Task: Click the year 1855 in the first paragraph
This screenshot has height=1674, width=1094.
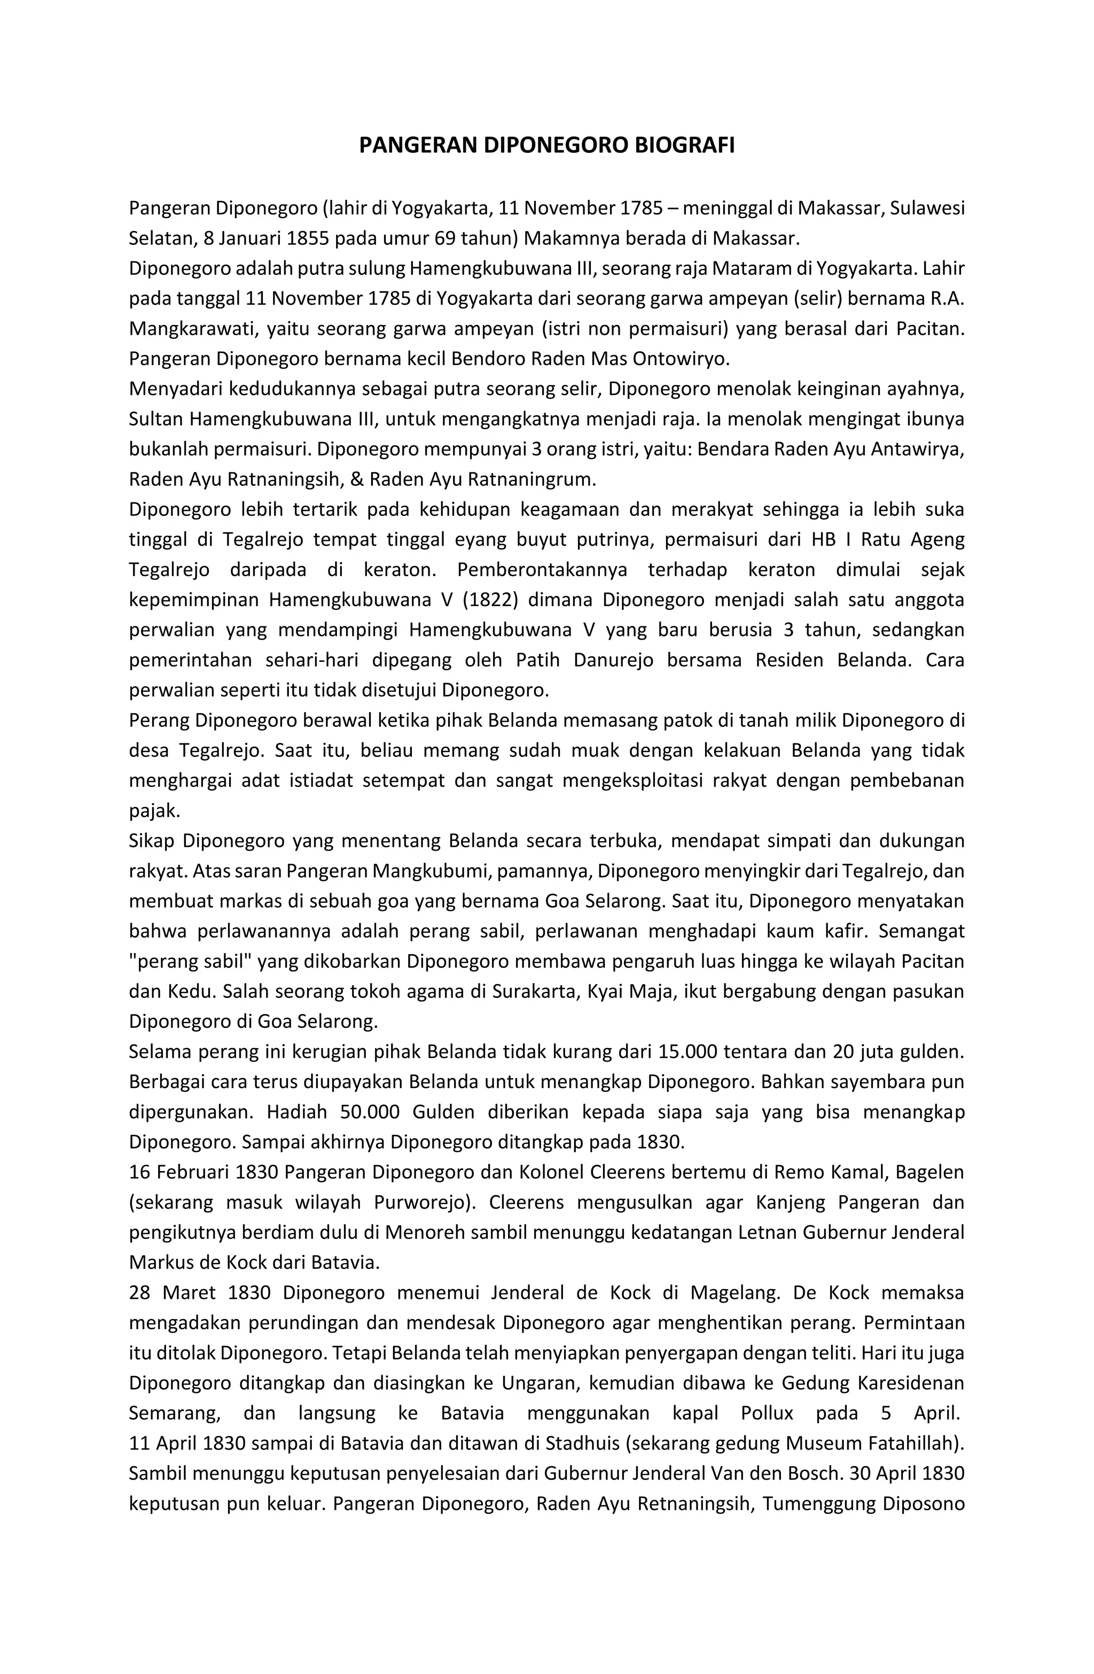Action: point(309,238)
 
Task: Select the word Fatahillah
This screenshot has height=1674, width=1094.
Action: point(912,1443)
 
